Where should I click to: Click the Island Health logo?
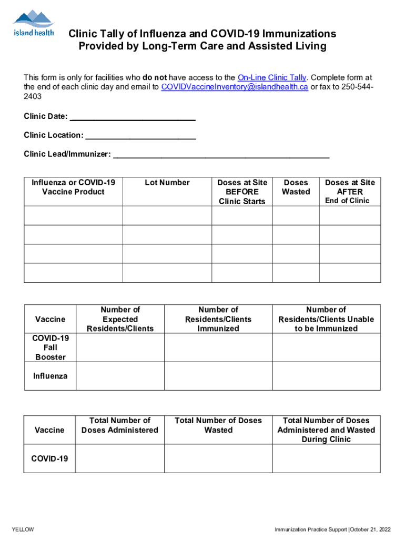click(x=33, y=24)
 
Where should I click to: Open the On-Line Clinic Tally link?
click(x=272, y=77)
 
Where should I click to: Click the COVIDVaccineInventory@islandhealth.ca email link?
click(x=235, y=87)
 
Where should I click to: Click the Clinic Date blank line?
click(x=133, y=117)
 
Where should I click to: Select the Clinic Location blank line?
click(x=140, y=136)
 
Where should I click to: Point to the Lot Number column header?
click(x=167, y=183)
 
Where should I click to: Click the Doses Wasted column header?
click(x=296, y=187)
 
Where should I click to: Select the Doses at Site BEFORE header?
click(x=242, y=192)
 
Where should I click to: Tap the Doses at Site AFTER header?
click(x=350, y=187)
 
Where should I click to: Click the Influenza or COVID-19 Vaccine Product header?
click(x=73, y=187)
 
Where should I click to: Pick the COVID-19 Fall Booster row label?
click(x=50, y=347)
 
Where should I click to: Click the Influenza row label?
click(x=50, y=376)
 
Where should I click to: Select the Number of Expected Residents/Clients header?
click(x=120, y=319)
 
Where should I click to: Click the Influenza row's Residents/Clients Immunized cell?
click(x=218, y=376)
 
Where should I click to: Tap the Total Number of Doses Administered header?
click(x=120, y=425)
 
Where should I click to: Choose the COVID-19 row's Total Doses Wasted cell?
click(x=218, y=458)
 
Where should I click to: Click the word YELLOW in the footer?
click(x=23, y=529)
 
